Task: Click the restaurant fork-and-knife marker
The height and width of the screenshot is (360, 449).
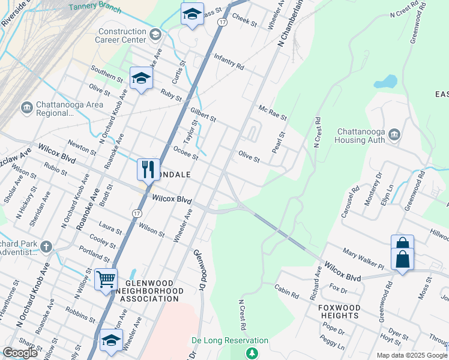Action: click(x=148, y=169)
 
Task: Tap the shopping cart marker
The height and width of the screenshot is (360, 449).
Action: click(x=106, y=278)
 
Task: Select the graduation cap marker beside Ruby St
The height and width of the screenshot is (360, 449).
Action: click(x=141, y=79)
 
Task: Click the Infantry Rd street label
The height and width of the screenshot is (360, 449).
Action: click(x=229, y=62)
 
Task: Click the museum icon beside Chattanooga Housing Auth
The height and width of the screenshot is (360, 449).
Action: click(x=394, y=133)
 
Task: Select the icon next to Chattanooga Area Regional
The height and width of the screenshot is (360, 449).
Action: click(x=26, y=107)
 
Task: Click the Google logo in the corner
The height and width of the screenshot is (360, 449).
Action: click(x=20, y=352)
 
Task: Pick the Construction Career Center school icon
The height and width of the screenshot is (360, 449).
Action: click(x=155, y=35)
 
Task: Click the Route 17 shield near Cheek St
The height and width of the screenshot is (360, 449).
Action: click(x=222, y=22)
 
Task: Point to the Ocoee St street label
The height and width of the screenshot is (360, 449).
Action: click(x=185, y=153)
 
